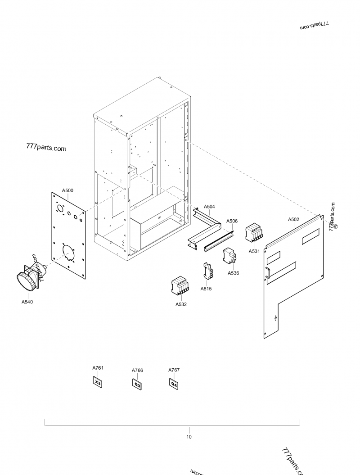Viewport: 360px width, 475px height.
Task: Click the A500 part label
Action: click(x=67, y=190)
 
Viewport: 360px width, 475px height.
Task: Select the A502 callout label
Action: click(x=293, y=219)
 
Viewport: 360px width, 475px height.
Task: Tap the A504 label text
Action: click(x=209, y=207)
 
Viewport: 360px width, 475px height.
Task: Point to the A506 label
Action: click(x=232, y=221)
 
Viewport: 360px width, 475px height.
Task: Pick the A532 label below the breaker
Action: click(x=181, y=304)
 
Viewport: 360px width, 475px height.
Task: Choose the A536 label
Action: click(x=233, y=273)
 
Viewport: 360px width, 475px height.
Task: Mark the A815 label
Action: click(x=207, y=289)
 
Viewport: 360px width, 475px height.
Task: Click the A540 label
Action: click(x=27, y=302)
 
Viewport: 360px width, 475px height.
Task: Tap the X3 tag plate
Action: click(x=98, y=383)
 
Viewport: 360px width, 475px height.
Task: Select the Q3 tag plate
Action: click(x=137, y=385)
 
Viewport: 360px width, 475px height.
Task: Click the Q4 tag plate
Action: click(x=174, y=384)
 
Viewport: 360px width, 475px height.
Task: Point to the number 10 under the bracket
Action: click(x=189, y=437)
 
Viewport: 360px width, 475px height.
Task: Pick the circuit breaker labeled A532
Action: click(x=180, y=286)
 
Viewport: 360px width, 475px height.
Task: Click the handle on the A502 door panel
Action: click(x=266, y=272)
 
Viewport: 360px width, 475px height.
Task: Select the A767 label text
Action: click(x=174, y=370)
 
